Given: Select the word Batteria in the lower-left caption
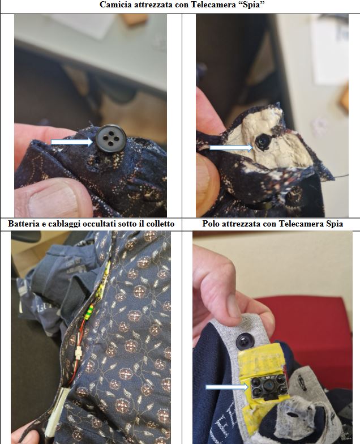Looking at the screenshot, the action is [x=22, y=224].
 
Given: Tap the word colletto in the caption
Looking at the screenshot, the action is [x=160, y=224].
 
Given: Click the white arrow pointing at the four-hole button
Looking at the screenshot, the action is [x=72, y=142].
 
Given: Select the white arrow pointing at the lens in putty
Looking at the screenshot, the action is [x=231, y=147].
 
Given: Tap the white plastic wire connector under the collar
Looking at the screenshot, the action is [x=78, y=353].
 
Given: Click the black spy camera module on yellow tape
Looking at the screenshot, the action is [x=267, y=385].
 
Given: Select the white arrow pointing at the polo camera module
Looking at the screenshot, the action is [x=227, y=387].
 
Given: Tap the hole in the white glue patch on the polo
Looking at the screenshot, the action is [x=291, y=415].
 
